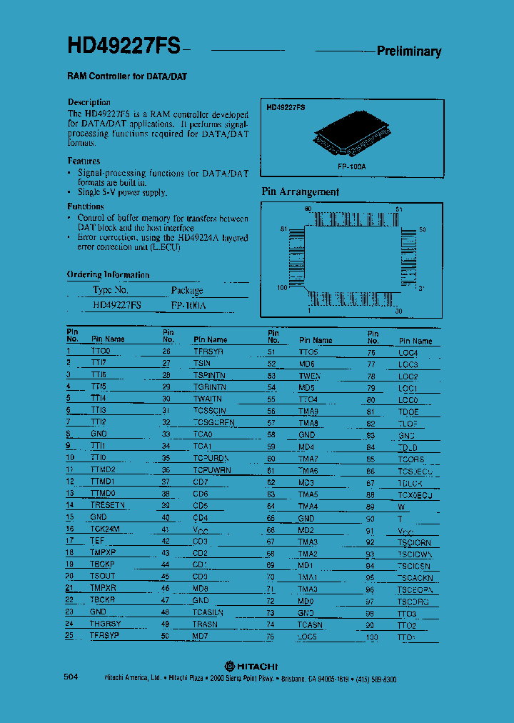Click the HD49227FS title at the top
coord(124,47)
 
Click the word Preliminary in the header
coord(408,51)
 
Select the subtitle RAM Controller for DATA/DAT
coord(127,76)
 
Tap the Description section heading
coord(89,102)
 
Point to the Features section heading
coord(84,161)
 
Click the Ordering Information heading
coord(108,274)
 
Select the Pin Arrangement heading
coord(300,191)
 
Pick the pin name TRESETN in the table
coord(107,505)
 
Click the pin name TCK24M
coord(105,529)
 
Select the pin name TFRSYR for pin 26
coord(208,351)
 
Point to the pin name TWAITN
coord(207,399)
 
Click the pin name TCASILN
coord(208,612)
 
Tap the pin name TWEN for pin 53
coord(309,376)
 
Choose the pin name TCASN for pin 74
coord(310,624)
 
